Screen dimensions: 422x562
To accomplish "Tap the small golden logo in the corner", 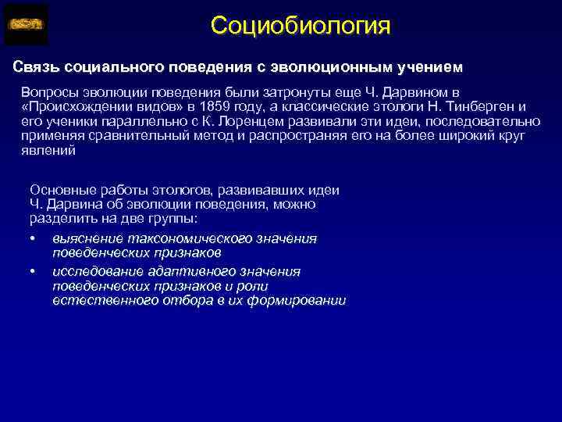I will [x=26, y=24].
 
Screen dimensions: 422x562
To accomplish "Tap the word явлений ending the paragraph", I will [x=48, y=151].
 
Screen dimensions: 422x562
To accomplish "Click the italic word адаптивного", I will [x=183, y=271].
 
